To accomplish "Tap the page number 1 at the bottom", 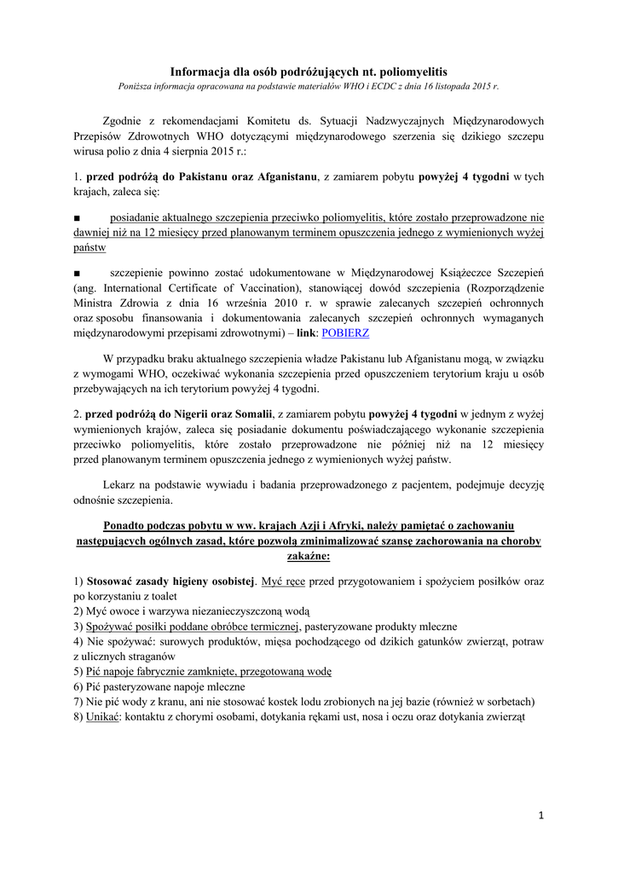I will coord(540,815).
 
